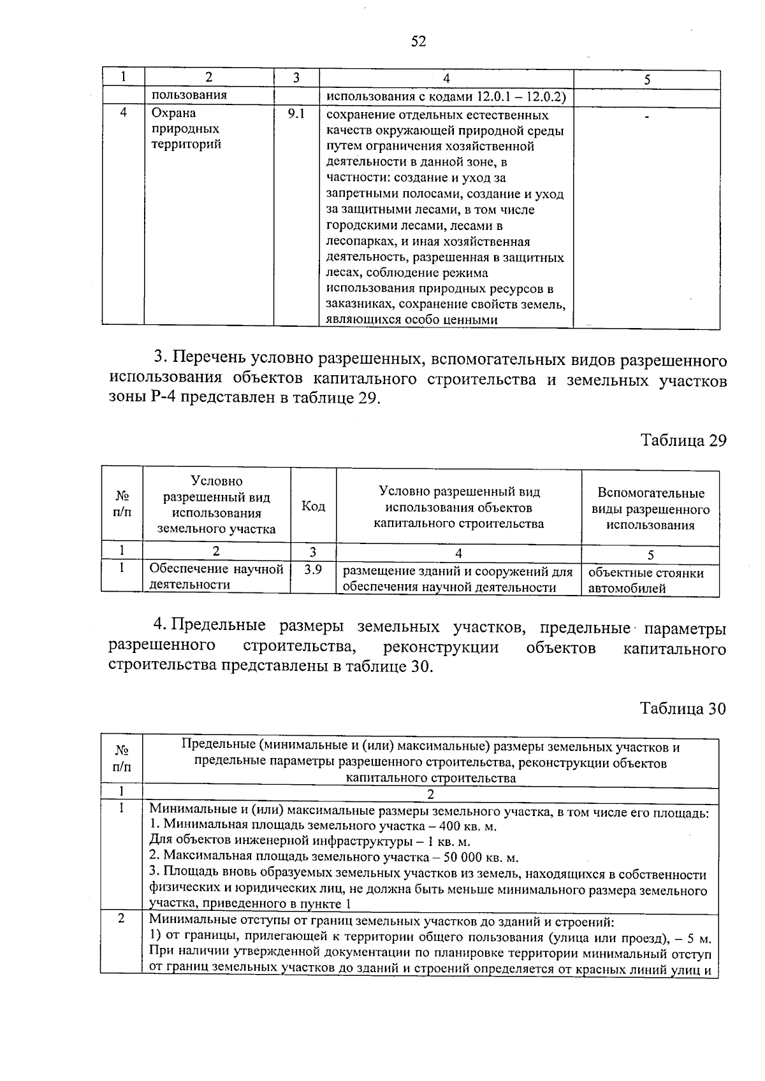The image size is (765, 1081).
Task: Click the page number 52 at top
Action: click(x=418, y=42)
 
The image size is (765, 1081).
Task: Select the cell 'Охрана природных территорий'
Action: click(x=186, y=129)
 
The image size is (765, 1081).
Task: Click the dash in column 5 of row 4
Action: click(x=647, y=117)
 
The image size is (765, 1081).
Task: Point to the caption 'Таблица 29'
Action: click(x=683, y=441)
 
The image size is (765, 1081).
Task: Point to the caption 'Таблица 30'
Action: click(x=683, y=709)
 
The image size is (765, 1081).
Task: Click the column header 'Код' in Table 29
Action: click(x=313, y=506)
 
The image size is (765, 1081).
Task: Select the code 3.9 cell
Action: click(x=313, y=570)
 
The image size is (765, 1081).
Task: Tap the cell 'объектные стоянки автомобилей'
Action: click(x=646, y=580)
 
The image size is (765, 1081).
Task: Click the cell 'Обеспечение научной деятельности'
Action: click(x=216, y=577)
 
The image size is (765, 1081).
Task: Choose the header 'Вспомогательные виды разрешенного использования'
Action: click(x=650, y=509)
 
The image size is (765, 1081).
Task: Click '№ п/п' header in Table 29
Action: click(x=122, y=504)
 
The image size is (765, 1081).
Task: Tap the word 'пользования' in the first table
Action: click(x=189, y=96)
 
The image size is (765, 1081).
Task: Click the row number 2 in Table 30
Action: click(x=121, y=919)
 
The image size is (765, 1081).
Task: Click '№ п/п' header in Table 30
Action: click(x=122, y=759)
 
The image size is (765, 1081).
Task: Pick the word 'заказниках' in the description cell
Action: click(x=356, y=304)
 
